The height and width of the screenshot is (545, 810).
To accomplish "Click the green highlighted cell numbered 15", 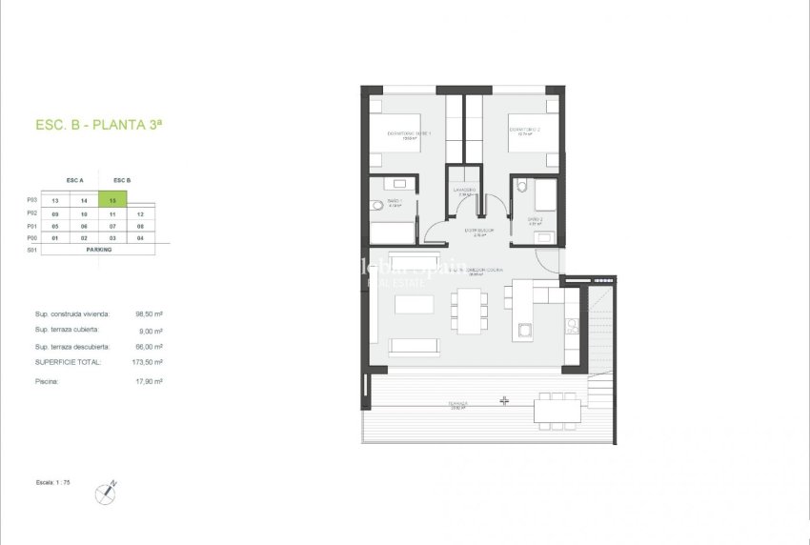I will (112, 201).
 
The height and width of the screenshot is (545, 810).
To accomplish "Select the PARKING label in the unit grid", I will (99, 249).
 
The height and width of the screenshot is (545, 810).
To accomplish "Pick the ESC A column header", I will (75, 180).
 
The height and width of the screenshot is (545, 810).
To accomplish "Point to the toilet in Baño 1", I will (376, 204).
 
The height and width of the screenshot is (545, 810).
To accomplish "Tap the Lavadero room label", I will (465, 192).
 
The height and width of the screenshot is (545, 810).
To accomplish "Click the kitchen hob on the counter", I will (572, 326).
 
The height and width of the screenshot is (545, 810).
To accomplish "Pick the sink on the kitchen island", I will (524, 332).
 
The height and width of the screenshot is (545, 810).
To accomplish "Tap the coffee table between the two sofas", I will (415, 304).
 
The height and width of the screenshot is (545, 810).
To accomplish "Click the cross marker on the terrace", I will (504, 401).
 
